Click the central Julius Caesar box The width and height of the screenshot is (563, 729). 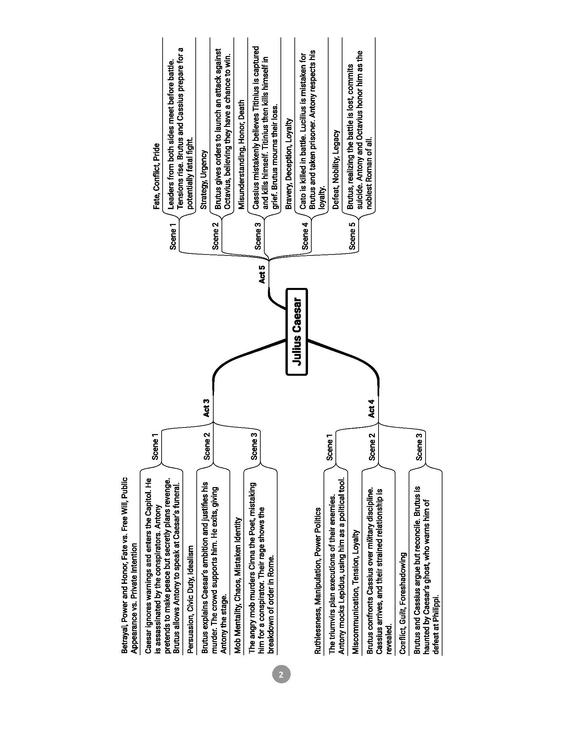click(296, 331)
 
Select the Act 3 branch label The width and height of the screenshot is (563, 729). click(206, 408)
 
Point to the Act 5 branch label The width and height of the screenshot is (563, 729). click(262, 274)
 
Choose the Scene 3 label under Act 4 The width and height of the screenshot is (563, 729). click(419, 446)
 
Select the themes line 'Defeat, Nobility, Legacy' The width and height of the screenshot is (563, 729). click(336, 170)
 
